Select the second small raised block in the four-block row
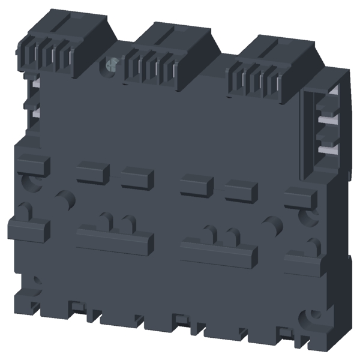click(137, 178)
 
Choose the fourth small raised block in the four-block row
click(241, 191)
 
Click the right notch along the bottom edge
click(286, 333)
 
